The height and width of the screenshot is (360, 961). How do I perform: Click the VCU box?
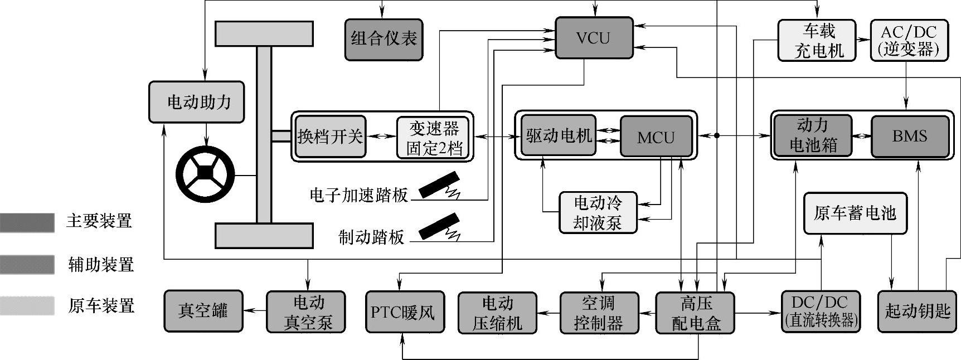coord(594,38)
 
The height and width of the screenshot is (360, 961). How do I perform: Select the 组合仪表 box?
coord(384,39)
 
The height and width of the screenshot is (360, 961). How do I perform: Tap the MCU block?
coord(656,137)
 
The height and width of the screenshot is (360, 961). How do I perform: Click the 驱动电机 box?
coord(559,136)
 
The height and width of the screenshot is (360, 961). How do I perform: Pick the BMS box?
coord(909,136)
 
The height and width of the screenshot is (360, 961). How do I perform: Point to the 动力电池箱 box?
coord(813,135)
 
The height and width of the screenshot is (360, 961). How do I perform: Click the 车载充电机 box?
coord(819,40)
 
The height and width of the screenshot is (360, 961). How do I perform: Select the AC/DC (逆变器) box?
coord(909,40)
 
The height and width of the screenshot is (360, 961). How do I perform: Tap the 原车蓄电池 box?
coord(855,213)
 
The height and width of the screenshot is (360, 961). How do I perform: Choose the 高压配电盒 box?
coord(696,313)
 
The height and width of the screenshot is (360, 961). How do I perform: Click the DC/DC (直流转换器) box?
coord(821,312)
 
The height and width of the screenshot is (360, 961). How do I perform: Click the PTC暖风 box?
coord(405,312)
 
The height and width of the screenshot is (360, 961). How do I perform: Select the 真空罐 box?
coord(203,311)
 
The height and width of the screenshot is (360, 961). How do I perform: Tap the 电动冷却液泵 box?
coord(598,212)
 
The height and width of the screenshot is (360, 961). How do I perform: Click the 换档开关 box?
coord(330,137)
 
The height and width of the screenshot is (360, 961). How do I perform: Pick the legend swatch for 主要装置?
coord(27,222)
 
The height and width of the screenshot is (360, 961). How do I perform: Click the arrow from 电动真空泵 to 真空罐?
coord(255,311)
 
